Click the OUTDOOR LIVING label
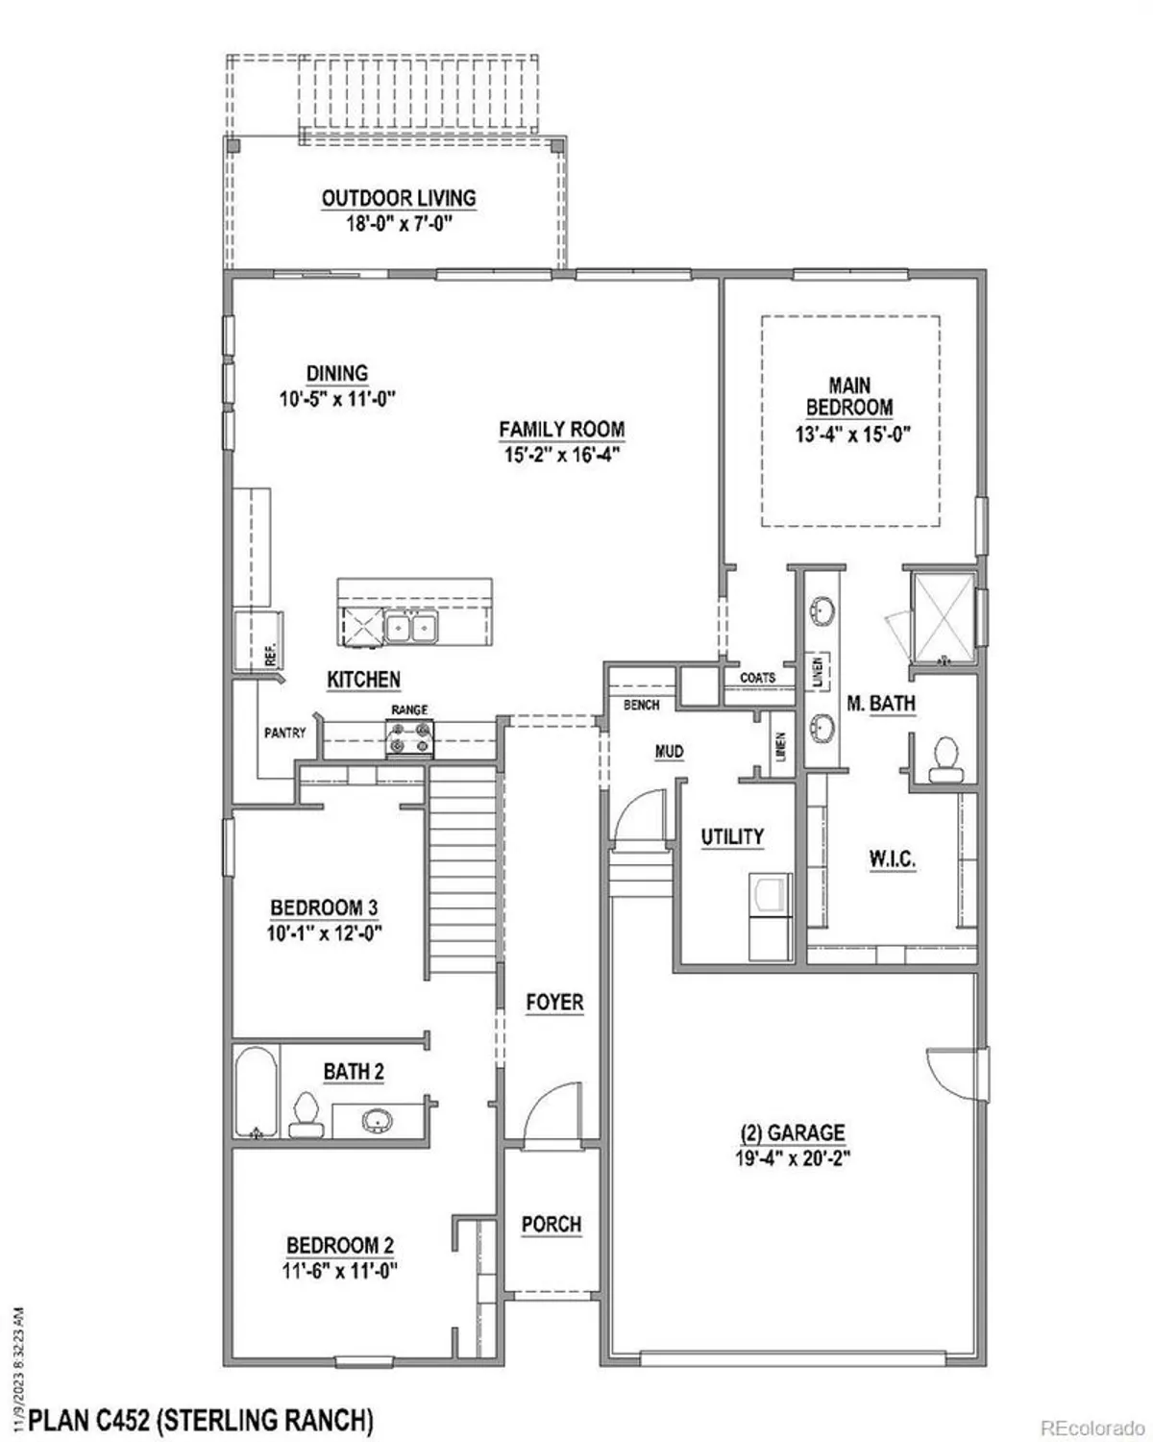coord(399,198)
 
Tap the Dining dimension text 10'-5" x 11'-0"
coord(337,399)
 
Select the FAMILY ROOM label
coord(561,430)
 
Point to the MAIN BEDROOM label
coord(849,396)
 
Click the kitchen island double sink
coord(410,627)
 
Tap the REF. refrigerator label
coord(270,654)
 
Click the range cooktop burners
coord(409,738)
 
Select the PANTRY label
coord(284,733)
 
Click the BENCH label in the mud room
coord(641,705)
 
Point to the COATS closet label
coord(758,678)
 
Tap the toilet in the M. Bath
coord(946,759)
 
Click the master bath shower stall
coord(944,618)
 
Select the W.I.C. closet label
coord(892,859)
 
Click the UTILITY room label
coord(732,837)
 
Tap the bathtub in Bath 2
coord(256,1093)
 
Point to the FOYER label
coord(554,1003)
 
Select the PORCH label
coord(552,1224)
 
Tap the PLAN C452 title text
coord(200,1419)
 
